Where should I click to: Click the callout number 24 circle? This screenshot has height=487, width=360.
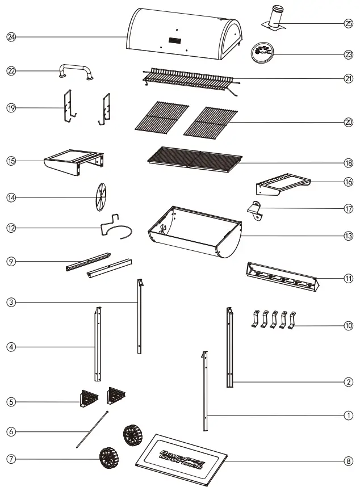click(11, 36)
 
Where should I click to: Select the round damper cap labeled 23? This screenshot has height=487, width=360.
click(263, 53)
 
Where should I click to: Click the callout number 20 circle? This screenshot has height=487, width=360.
click(348, 122)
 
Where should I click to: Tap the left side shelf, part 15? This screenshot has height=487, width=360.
click(74, 159)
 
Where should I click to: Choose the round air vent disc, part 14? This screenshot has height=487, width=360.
click(100, 198)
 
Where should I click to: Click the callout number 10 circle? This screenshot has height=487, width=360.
click(348, 326)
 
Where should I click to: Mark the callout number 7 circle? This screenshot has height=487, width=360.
click(11, 457)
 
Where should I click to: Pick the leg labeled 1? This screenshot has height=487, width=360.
click(205, 392)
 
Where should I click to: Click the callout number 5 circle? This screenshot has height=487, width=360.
click(11, 401)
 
